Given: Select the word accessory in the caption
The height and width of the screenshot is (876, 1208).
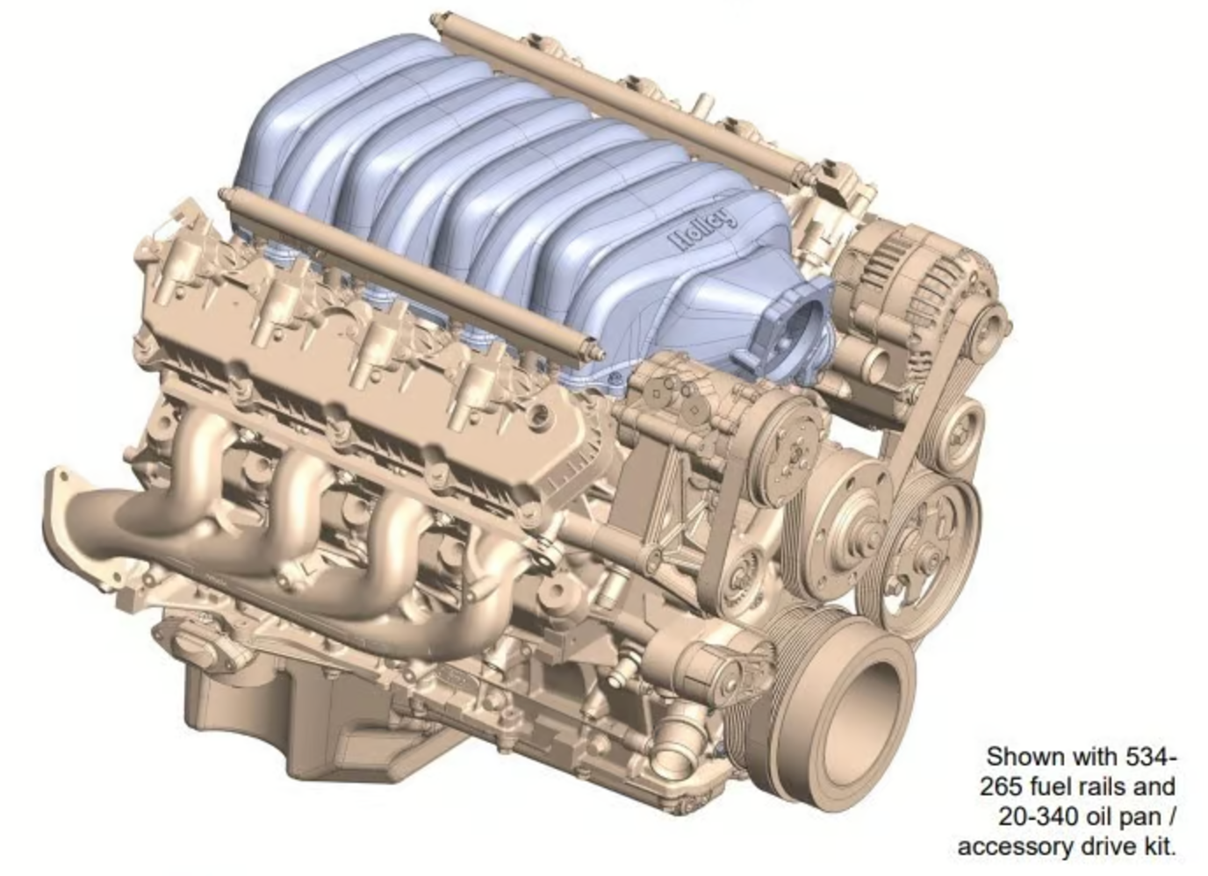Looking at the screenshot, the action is click(1013, 847).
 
